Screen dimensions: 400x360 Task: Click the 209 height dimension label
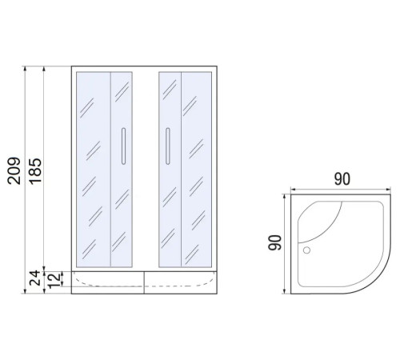click(x=14, y=171)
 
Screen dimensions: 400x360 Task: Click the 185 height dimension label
click(x=35, y=171)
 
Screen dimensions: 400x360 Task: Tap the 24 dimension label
click(x=34, y=278)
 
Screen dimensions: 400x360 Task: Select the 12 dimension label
click(x=54, y=281)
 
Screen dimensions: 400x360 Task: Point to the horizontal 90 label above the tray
click(x=342, y=179)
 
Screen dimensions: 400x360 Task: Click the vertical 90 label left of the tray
click(x=275, y=242)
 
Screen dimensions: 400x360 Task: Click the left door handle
click(x=123, y=146)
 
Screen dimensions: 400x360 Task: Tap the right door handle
click(x=167, y=146)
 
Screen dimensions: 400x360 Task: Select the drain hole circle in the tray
click(x=306, y=250)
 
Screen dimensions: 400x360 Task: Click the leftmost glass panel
click(x=94, y=170)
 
